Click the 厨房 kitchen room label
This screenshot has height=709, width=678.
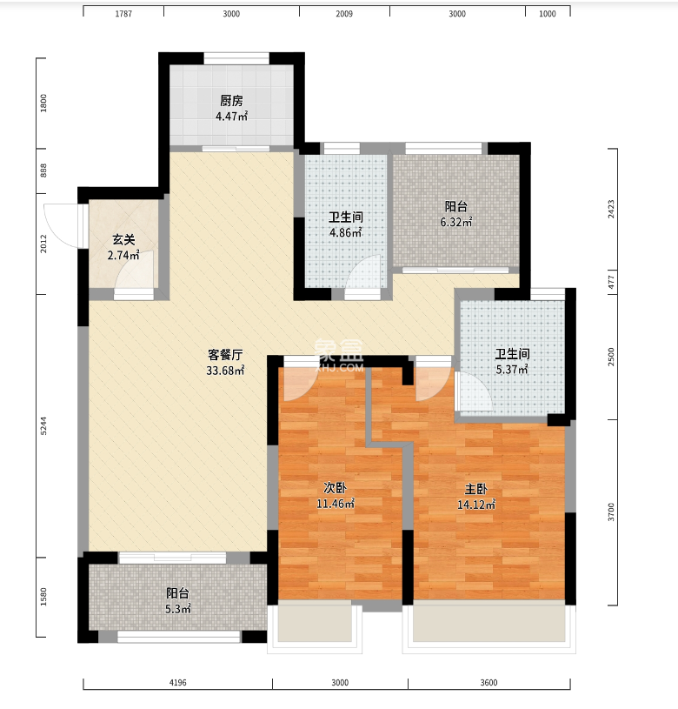pyautogui.click(x=231, y=100)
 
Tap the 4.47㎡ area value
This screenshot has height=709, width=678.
pyautogui.click(x=231, y=117)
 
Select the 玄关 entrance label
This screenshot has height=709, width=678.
pyautogui.click(x=123, y=239)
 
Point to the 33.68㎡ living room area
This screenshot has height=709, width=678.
pyautogui.click(x=225, y=371)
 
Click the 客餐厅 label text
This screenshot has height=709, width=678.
pyautogui.click(x=225, y=355)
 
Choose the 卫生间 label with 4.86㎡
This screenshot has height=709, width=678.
pyautogui.click(x=346, y=217)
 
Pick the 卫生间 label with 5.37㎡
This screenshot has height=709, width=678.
pyautogui.click(x=512, y=353)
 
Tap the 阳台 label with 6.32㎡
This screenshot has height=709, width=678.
pyautogui.click(x=456, y=207)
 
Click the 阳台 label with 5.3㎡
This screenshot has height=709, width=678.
pyautogui.click(x=177, y=593)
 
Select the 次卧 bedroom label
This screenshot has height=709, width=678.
pyautogui.click(x=336, y=488)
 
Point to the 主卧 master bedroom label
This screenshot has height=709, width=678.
pyautogui.click(x=476, y=489)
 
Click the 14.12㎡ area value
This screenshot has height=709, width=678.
pyautogui.click(x=476, y=505)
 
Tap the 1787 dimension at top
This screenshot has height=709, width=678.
pyautogui.click(x=123, y=14)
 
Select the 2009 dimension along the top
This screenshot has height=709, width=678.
pyautogui.click(x=344, y=14)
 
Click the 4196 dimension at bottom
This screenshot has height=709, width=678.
pyautogui.click(x=177, y=682)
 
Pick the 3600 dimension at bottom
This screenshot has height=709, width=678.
pyautogui.click(x=489, y=682)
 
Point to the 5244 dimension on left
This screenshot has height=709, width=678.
pyautogui.click(x=43, y=426)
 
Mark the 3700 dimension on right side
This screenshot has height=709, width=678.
pyautogui.click(x=611, y=512)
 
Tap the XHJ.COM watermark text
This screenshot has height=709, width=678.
pyautogui.click(x=339, y=368)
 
